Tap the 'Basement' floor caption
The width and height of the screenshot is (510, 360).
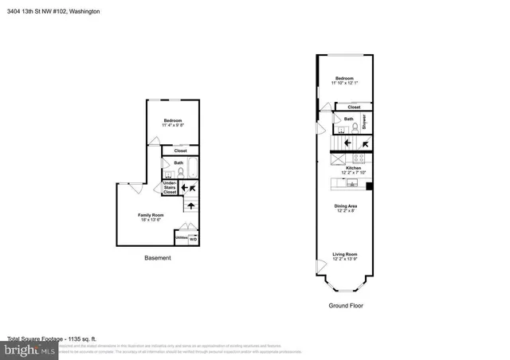158,257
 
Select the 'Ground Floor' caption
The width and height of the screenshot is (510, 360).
347,305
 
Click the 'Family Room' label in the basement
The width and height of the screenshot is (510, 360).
151,215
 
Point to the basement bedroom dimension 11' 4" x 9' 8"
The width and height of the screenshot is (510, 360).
173,125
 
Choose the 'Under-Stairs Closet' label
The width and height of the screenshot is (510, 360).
170,189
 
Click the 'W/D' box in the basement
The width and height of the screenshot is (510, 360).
193,238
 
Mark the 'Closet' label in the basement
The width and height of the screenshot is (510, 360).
180,150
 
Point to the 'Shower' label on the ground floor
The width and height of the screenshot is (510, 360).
364,122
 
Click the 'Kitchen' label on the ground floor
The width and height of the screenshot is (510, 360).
351,168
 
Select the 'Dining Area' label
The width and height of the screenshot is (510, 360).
346,206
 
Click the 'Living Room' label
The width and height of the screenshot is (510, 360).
346,255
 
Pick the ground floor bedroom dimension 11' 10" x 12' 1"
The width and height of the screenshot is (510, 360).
346,84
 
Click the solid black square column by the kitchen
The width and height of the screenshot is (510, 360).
369,186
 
